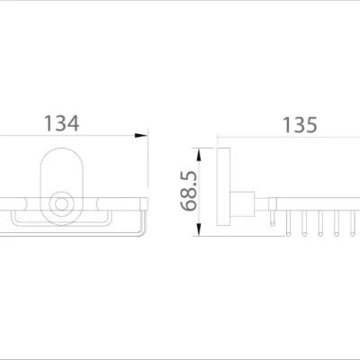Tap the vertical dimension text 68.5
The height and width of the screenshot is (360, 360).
189,190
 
